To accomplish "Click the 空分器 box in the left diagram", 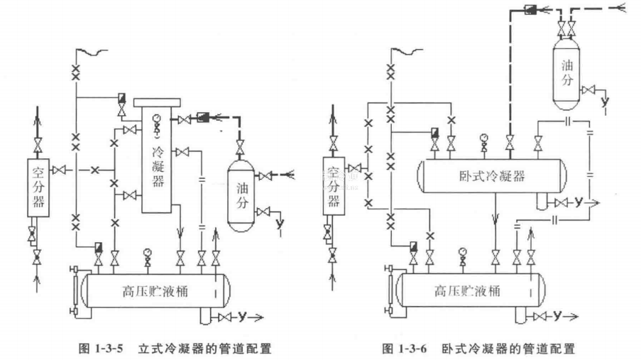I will click(x=39, y=183).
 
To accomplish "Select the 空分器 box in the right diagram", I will click(x=333, y=182).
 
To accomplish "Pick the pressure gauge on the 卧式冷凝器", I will click(x=484, y=136).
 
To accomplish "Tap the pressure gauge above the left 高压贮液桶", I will click(x=147, y=251).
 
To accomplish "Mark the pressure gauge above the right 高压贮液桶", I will click(x=463, y=251).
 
